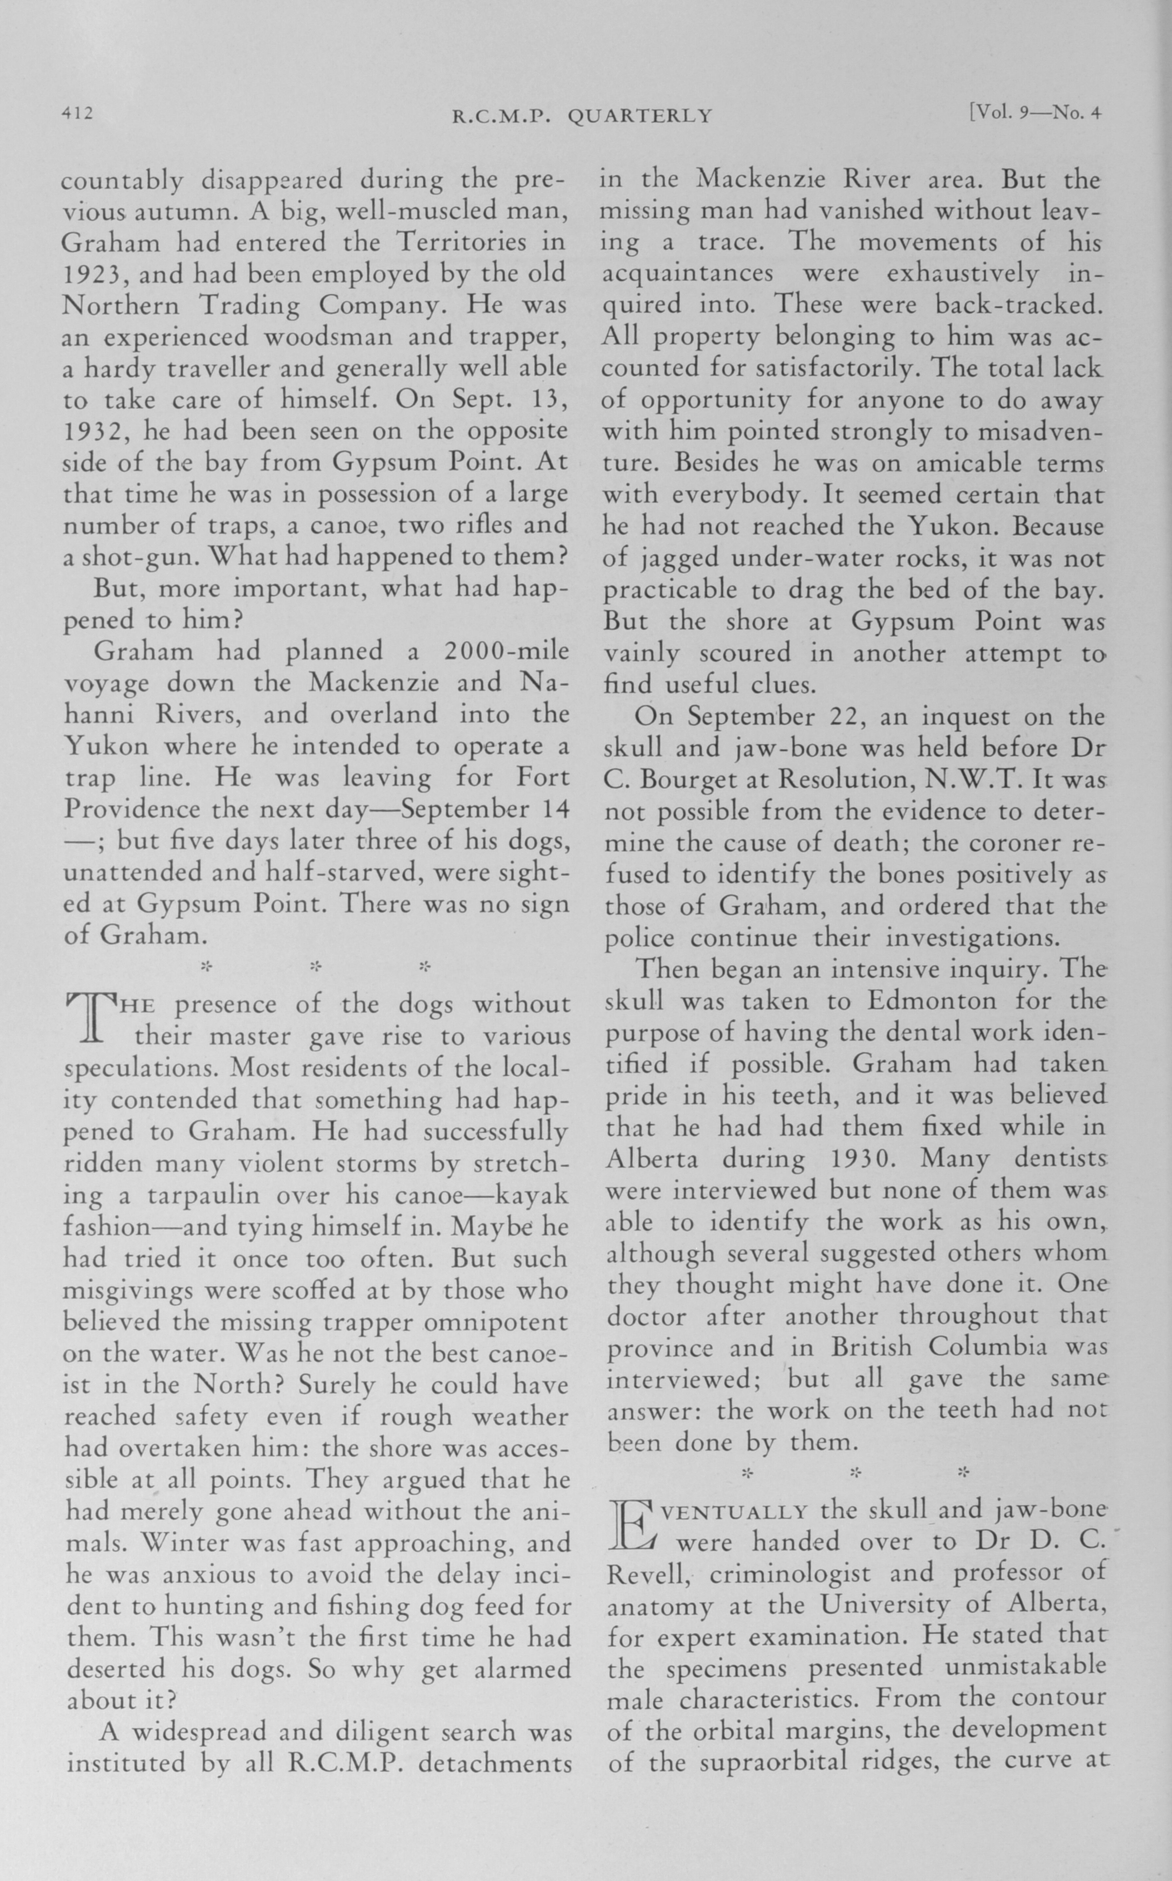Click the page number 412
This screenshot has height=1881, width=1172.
(78, 114)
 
